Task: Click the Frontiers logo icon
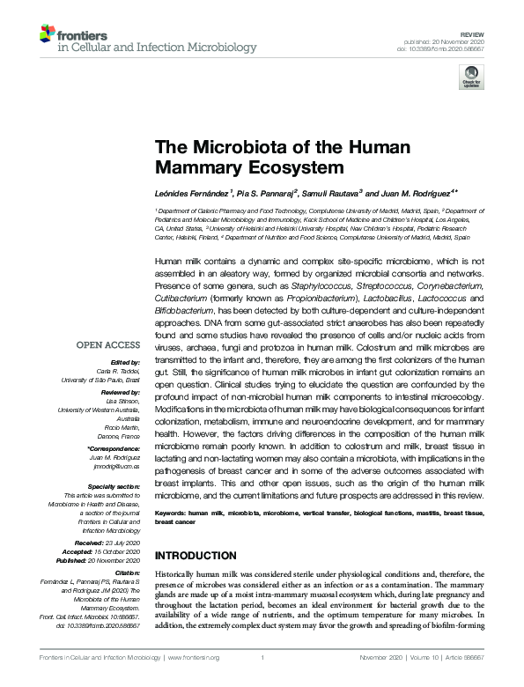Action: pos(47,35)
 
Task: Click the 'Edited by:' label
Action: pos(125,362)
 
